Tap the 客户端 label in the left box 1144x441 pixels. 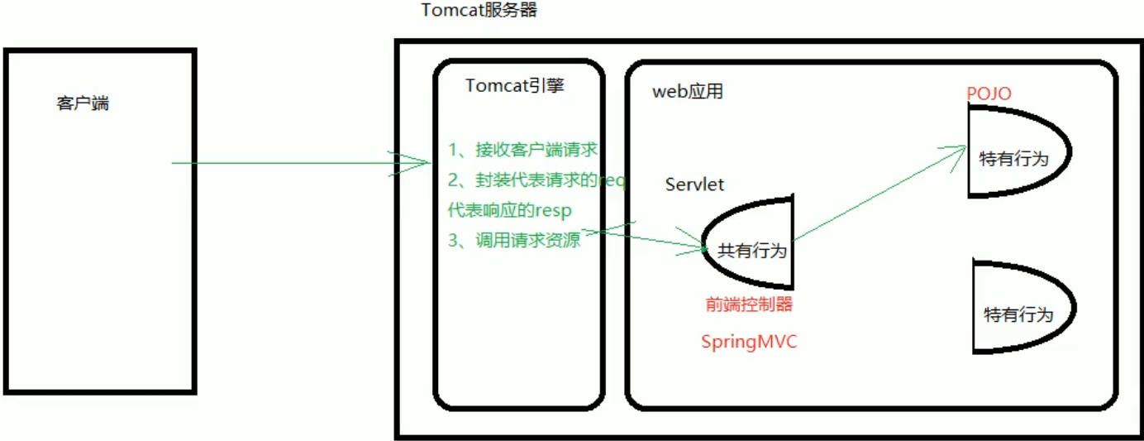pyautogui.click(x=83, y=103)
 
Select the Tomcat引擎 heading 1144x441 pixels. pyautogui.click(x=514, y=86)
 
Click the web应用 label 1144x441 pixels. pyautogui.click(x=688, y=91)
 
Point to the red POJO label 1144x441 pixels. pyautogui.click(x=989, y=93)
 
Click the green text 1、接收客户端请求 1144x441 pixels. pyautogui.click(x=522, y=150)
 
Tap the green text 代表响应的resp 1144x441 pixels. pyautogui.click(x=509, y=210)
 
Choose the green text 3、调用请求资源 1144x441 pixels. pyautogui.click(x=513, y=241)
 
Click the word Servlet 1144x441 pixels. pyautogui.click(x=694, y=185)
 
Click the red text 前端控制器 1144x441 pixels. pyautogui.click(x=749, y=304)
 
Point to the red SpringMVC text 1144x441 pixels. pyautogui.click(x=749, y=342)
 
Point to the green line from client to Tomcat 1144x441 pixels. pyautogui.click(x=281, y=163)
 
